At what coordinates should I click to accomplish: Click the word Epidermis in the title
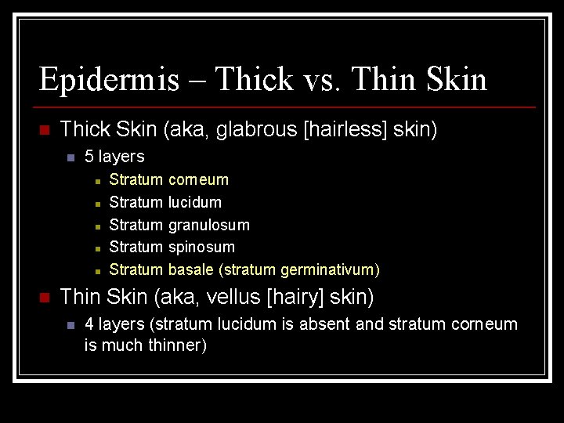tap(108, 80)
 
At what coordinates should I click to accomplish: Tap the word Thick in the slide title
tap(253, 80)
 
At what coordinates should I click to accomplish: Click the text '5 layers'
tap(114, 157)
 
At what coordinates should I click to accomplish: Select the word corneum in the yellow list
tap(198, 180)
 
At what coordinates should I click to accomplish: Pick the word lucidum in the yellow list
tap(195, 202)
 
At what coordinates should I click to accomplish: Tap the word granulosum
tap(209, 226)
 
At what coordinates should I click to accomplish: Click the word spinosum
tap(201, 248)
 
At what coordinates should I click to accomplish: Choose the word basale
tap(192, 270)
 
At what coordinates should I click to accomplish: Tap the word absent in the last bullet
tap(326, 324)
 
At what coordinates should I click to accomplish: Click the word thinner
tap(177, 345)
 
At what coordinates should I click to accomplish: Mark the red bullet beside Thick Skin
tap(45, 130)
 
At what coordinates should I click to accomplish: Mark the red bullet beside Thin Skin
tap(45, 298)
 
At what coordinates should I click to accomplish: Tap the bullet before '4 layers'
tap(70, 324)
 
